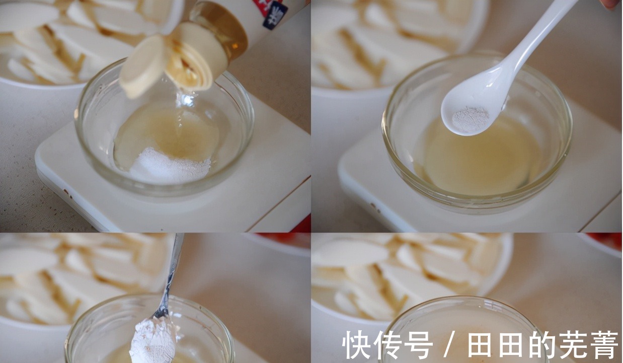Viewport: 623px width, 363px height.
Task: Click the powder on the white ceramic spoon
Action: [x=470, y=119]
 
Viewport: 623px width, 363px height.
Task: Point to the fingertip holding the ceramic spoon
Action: [x=610, y=4]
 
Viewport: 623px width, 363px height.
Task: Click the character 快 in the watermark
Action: [x=357, y=345]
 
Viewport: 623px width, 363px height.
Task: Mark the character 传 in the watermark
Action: [x=387, y=345]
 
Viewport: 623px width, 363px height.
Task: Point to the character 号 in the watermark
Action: [x=418, y=345]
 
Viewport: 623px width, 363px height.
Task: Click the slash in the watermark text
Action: [x=450, y=345]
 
